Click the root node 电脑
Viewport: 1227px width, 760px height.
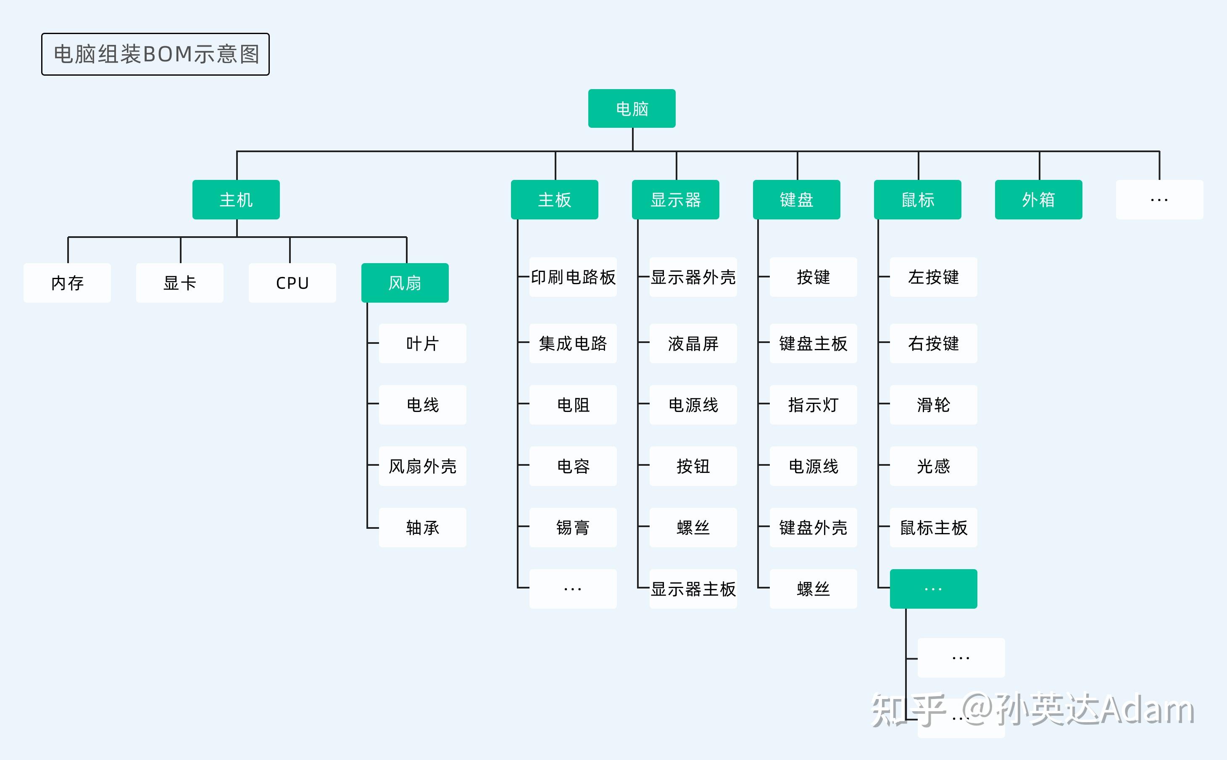(x=632, y=108)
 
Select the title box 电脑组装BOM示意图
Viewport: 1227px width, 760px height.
(x=155, y=54)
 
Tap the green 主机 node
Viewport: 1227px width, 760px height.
(x=236, y=200)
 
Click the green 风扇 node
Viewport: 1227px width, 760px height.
(x=405, y=282)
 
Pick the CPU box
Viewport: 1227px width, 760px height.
(x=292, y=282)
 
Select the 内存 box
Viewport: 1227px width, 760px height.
(x=67, y=282)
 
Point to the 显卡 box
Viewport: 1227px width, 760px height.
(x=179, y=282)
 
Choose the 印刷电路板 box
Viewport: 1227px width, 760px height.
(x=573, y=277)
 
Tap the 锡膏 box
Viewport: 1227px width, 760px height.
(x=573, y=527)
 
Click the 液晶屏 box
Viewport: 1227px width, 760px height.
(x=693, y=343)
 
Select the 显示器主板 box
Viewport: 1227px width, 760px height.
(x=693, y=588)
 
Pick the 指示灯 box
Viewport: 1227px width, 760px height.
(x=813, y=405)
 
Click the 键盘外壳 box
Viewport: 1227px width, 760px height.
(x=813, y=527)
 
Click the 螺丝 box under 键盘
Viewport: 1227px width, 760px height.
(x=813, y=588)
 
